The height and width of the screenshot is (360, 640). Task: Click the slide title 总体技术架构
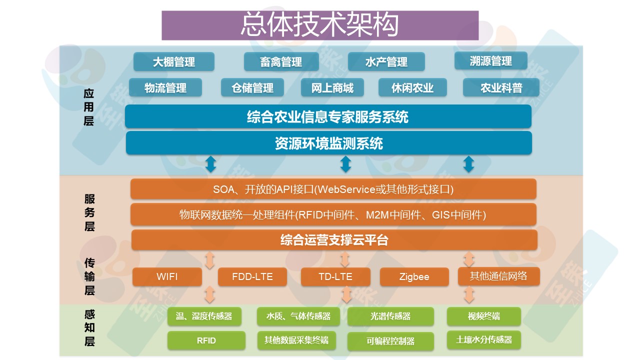point(320,25)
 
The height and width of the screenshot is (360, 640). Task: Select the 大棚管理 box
point(173,61)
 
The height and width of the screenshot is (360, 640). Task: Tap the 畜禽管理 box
point(281,61)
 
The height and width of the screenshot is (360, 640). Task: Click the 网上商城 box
point(332,87)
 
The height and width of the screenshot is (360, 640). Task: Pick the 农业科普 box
point(501,87)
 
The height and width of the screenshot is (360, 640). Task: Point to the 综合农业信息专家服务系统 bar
point(328,116)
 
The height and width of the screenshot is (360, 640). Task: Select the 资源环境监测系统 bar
point(328,143)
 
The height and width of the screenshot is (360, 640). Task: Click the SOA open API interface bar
point(333,189)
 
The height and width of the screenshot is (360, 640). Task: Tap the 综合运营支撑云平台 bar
point(334,240)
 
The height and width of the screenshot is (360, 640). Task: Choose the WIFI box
point(167,276)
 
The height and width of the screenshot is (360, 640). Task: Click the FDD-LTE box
point(252,276)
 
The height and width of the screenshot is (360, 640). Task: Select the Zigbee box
point(414,276)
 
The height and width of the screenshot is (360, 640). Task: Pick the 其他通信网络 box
point(498,276)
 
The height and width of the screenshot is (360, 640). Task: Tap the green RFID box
point(206,340)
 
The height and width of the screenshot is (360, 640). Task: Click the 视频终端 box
point(483,316)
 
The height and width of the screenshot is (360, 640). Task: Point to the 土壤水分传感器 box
point(483,339)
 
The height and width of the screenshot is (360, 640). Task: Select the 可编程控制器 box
point(383,341)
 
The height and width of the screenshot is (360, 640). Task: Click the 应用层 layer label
point(89,107)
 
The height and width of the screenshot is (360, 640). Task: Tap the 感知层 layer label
point(89,328)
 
